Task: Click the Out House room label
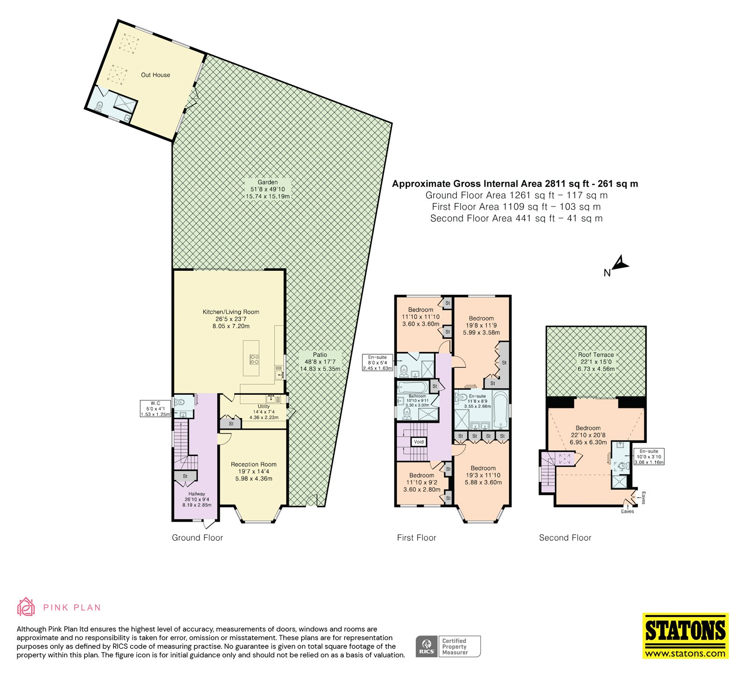click(155, 75)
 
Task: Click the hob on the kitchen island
click(255, 359)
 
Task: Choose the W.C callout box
click(155, 408)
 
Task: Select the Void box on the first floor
click(419, 441)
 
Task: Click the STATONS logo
click(685, 636)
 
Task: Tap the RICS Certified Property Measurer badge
click(448, 647)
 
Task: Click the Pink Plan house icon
click(26, 607)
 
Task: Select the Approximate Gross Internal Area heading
click(515, 184)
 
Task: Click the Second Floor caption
click(565, 538)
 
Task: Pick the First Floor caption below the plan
click(416, 538)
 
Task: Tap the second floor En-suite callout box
click(649, 457)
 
